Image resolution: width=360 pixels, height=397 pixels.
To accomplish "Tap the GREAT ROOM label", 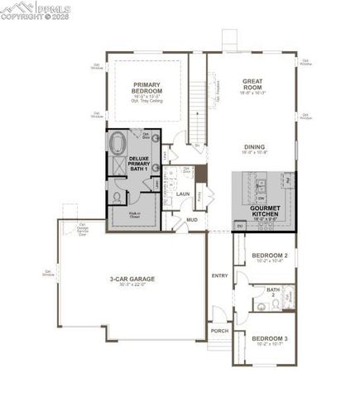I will point(252,84).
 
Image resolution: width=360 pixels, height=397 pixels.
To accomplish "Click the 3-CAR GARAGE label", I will point(133,280).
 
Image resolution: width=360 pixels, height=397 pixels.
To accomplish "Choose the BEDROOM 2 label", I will point(269,256).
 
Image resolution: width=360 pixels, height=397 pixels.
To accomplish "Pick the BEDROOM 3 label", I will point(269,338).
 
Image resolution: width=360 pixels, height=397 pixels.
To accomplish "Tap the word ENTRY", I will point(219,275).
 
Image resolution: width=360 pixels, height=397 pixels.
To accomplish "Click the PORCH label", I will point(219,331).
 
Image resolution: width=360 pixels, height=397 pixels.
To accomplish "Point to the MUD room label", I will point(191,220).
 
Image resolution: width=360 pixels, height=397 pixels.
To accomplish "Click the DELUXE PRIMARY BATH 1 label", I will point(139,164).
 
